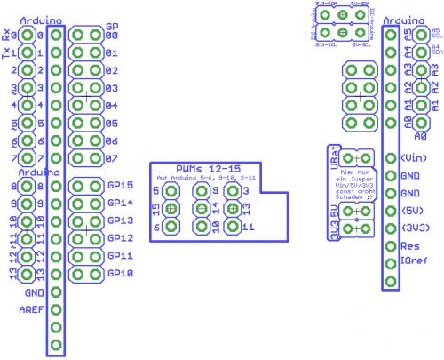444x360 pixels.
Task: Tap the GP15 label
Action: coord(120,186)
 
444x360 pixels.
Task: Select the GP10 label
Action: coord(120,274)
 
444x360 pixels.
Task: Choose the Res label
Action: coord(409,244)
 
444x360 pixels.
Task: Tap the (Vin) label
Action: coord(415,157)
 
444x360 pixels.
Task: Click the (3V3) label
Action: coord(415,228)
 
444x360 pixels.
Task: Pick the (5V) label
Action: coord(413,210)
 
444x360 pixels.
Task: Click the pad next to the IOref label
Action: coord(391,262)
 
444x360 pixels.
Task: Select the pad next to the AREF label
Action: coord(56,309)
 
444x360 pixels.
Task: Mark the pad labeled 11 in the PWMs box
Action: coord(233,227)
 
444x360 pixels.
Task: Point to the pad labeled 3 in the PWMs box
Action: coord(233,191)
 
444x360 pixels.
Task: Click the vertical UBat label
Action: coord(334,153)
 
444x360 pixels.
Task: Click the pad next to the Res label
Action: coord(391,244)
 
